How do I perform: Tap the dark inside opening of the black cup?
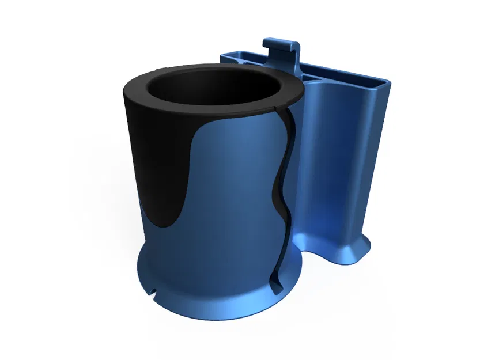213,92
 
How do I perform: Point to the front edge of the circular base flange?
219,314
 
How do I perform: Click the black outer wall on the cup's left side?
138,150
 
